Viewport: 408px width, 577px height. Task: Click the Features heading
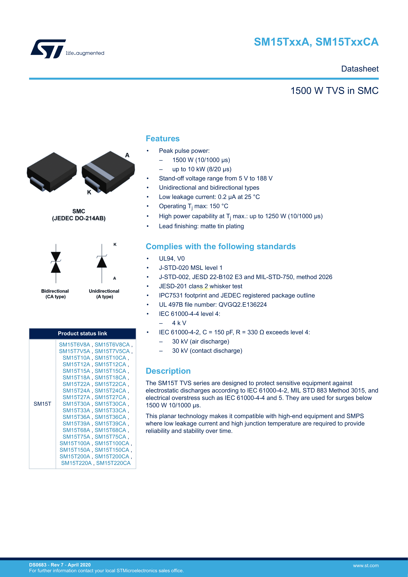click(162, 138)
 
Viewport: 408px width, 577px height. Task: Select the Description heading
click(168, 371)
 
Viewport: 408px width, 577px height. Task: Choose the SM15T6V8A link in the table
click(74, 345)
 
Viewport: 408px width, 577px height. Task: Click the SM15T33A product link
click(76, 410)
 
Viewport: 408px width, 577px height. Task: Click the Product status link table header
click(82, 333)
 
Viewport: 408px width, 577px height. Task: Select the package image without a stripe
click(51, 172)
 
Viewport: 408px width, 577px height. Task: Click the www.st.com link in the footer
click(366, 565)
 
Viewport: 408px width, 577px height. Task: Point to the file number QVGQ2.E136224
click(242, 305)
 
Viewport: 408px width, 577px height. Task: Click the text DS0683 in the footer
click(38, 565)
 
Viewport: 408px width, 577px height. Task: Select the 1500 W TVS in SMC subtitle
click(334, 91)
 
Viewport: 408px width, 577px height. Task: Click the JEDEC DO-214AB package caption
click(79, 218)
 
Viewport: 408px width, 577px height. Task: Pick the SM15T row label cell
click(42, 404)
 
